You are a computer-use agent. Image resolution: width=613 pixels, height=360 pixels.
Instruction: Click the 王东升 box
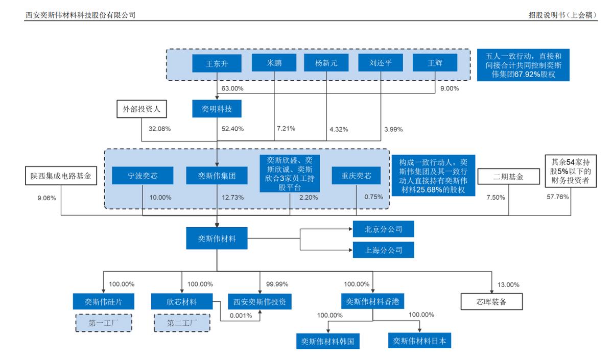(217, 64)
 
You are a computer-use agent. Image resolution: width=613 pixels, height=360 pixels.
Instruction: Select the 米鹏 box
(274, 63)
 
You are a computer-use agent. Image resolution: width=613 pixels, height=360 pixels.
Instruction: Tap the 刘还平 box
(381, 63)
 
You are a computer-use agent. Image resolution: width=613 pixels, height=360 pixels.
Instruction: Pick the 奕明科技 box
(217, 109)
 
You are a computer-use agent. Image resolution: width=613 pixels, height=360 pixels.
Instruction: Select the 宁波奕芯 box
(143, 176)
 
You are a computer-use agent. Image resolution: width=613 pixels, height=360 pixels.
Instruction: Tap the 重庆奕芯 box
(356, 176)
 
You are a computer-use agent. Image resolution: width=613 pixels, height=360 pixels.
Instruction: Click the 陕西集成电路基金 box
(61, 176)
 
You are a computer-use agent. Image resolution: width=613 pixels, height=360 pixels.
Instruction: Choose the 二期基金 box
(508, 177)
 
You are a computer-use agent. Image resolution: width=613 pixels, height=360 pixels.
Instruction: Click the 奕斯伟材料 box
(217, 238)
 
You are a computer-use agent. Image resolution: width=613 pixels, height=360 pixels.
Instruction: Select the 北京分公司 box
(383, 229)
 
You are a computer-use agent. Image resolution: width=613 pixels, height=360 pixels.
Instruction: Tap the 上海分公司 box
(383, 250)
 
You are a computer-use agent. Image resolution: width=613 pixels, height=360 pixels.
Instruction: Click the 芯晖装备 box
(492, 301)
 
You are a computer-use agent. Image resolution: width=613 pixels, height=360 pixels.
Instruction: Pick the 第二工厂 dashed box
(181, 323)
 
